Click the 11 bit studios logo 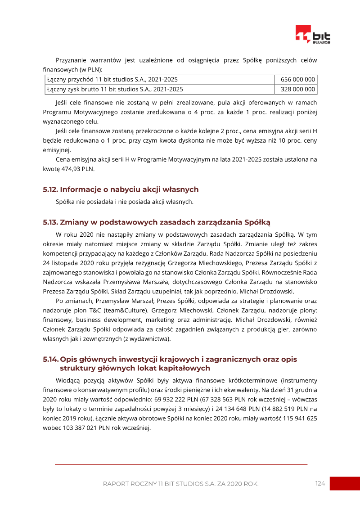point(313,35)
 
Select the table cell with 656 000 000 point(295,80)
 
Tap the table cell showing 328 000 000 point(295,89)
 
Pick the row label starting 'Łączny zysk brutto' point(115,89)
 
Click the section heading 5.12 point(121,189)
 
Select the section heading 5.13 point(157,222)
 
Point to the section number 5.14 point(50,359)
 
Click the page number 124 point(320,483)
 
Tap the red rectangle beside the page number point(345,483)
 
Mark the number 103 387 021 point(82,428)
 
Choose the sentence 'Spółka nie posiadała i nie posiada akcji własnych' point(124,202)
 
